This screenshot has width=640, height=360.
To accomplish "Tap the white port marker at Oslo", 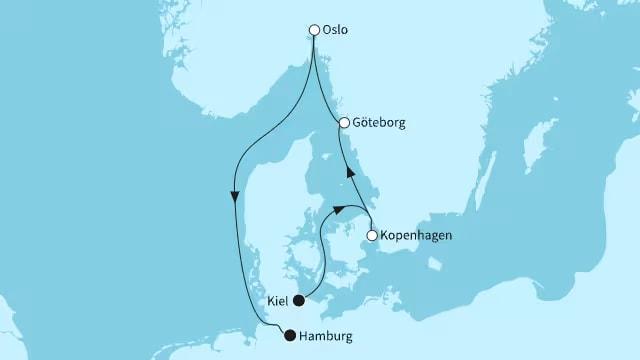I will coord(315,30).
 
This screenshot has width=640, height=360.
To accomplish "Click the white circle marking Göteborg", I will coord(344,123).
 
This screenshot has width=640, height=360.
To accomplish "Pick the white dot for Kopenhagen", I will coord(372,236).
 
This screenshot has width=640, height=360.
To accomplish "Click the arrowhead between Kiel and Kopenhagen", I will coord(342,209).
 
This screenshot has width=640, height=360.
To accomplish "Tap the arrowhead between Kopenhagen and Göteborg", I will coord(350,174).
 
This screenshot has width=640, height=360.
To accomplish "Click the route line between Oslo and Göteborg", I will coord(327,85).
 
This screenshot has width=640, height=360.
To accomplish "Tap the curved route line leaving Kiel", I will coord(318,250).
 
